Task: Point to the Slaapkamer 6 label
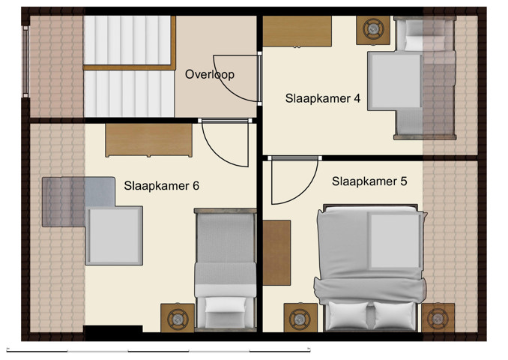161,186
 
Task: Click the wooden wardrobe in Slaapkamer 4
297,31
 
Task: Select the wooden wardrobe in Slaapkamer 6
149,140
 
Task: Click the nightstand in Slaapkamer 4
372,29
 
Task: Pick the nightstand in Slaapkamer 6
178,318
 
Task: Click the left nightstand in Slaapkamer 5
300,317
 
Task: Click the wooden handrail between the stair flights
129,68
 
